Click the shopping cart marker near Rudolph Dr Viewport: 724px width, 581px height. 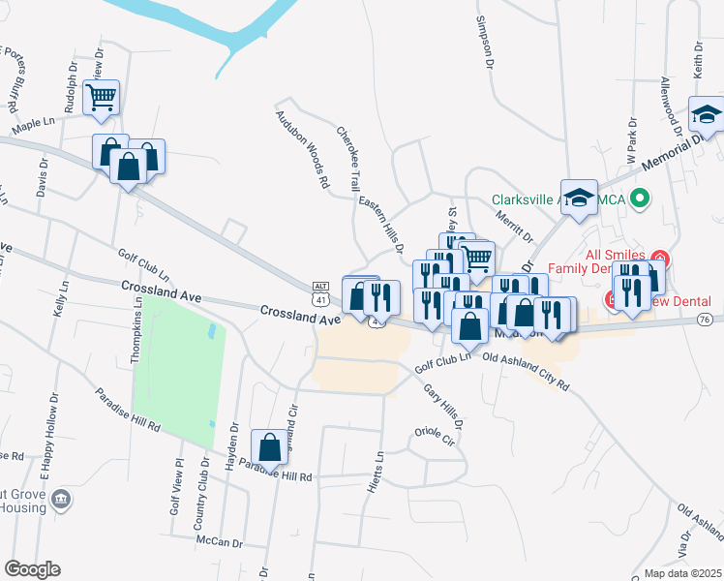[x=101, y=97]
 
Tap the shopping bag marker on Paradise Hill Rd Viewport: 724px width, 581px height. [x=270, y=447]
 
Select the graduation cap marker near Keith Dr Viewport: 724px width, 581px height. [x=707, y=114]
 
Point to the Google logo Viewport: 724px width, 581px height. [x=33, y=568]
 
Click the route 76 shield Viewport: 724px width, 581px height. [x=704, y=320]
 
